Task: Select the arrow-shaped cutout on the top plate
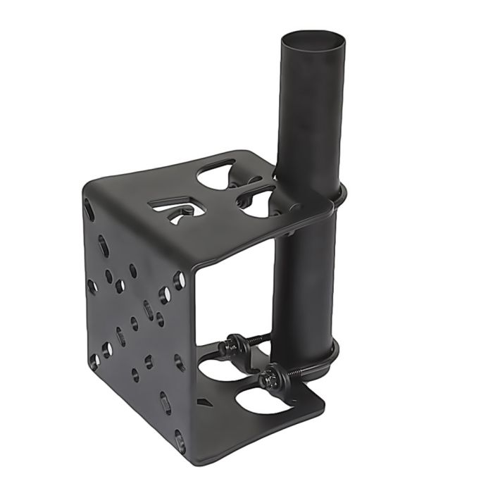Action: (x=176, y=207)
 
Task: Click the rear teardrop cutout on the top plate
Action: (x=216, y=174)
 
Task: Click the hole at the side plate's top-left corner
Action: (x=88, y=208)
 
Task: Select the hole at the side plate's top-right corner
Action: (x=179, y=281)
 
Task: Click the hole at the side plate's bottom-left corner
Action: (x=94, y=361)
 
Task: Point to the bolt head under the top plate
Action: (x=289, y=229)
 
